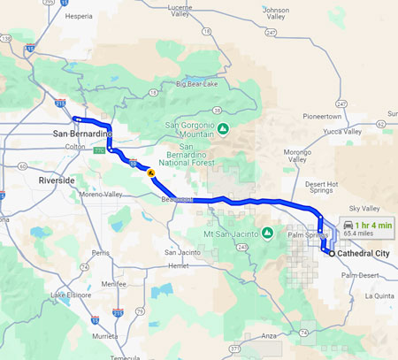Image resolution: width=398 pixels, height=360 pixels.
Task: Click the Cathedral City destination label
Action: coord(365,253)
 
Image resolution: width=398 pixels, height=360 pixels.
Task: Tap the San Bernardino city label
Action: coord(81,134)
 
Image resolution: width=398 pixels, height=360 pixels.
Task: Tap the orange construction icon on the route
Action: coord(152,173)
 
